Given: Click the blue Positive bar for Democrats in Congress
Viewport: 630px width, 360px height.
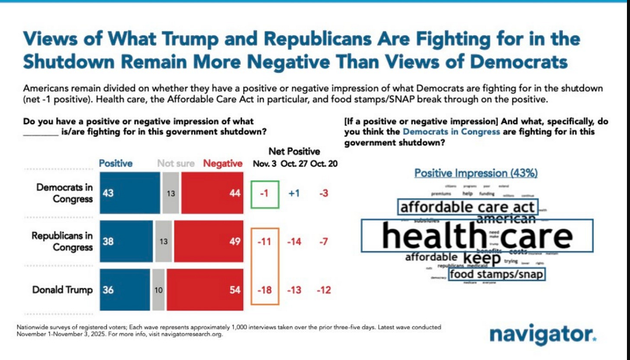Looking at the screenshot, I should point(130,193).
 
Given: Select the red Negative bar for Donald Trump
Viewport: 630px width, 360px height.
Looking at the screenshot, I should point(203,290).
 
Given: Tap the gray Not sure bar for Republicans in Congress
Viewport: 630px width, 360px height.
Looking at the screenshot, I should point(163,241).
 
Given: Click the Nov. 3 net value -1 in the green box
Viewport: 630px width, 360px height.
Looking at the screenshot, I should point(264,193).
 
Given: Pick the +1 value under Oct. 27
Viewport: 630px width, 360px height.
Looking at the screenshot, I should point(294,193).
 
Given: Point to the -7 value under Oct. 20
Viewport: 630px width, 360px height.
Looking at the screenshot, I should point(323,241).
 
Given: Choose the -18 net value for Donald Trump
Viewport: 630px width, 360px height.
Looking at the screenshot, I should point(264,290).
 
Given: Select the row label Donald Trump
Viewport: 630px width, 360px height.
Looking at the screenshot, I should point(62,290).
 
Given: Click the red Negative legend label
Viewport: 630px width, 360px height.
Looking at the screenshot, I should point(222,164).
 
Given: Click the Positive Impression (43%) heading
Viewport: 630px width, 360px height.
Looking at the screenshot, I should point(476,173).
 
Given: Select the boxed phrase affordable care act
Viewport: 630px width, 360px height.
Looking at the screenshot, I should point(468,207).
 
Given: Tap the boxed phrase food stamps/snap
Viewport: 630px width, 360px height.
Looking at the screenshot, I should point(496,274).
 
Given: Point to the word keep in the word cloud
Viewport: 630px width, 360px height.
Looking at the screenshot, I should point(482,258).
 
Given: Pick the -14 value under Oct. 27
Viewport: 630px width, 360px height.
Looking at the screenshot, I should point(294,241).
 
